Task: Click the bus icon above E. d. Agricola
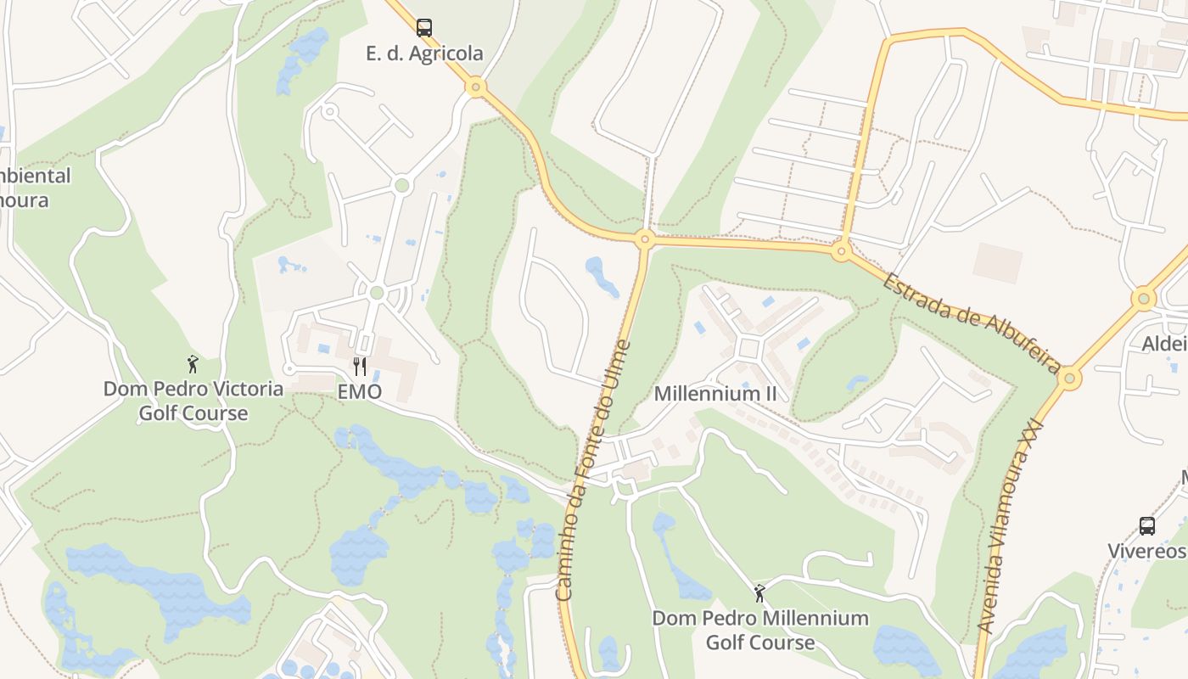(424, 27)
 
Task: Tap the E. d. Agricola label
(424, 53)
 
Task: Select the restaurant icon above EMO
(360, 367)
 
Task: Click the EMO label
(360, 392)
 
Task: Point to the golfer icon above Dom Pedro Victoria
(193, 364)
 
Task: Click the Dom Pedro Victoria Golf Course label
(193, 401)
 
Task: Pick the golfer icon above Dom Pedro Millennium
(759, 592)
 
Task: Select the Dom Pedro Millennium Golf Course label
(760, 630)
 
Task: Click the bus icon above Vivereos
(1146, 526)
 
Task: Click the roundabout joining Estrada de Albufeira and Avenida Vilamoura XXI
(1069, 378)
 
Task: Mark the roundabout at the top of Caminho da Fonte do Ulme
(644, 239)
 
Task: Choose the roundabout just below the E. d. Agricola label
(476, 87)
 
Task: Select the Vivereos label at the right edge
(1146, 551)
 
